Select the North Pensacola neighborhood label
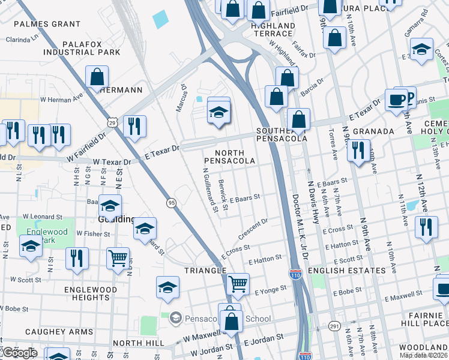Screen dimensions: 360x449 point(229,157)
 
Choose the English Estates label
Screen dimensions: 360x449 point(346,271)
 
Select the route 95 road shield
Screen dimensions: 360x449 point(171,203)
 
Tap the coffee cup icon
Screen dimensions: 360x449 point(396,99)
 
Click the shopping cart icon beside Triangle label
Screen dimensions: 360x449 point(238,283)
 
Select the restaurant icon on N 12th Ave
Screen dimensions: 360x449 point(426,227)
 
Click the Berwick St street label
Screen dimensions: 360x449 point(223,194)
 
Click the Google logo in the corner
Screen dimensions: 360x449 point(19,353)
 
